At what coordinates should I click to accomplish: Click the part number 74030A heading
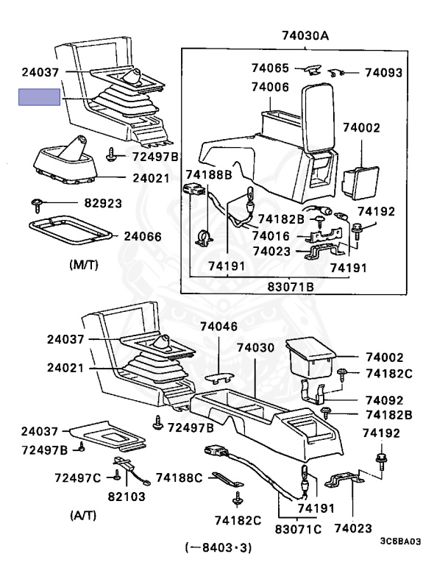click(305, 35)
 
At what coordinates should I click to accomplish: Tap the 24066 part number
click(146, 236)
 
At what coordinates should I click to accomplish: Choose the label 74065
click(270, 68)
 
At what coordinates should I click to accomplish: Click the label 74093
click(384, 73)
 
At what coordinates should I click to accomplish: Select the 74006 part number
click(270, 87)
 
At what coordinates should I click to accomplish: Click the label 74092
click(384, 402)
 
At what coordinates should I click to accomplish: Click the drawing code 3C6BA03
click(400, 541)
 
